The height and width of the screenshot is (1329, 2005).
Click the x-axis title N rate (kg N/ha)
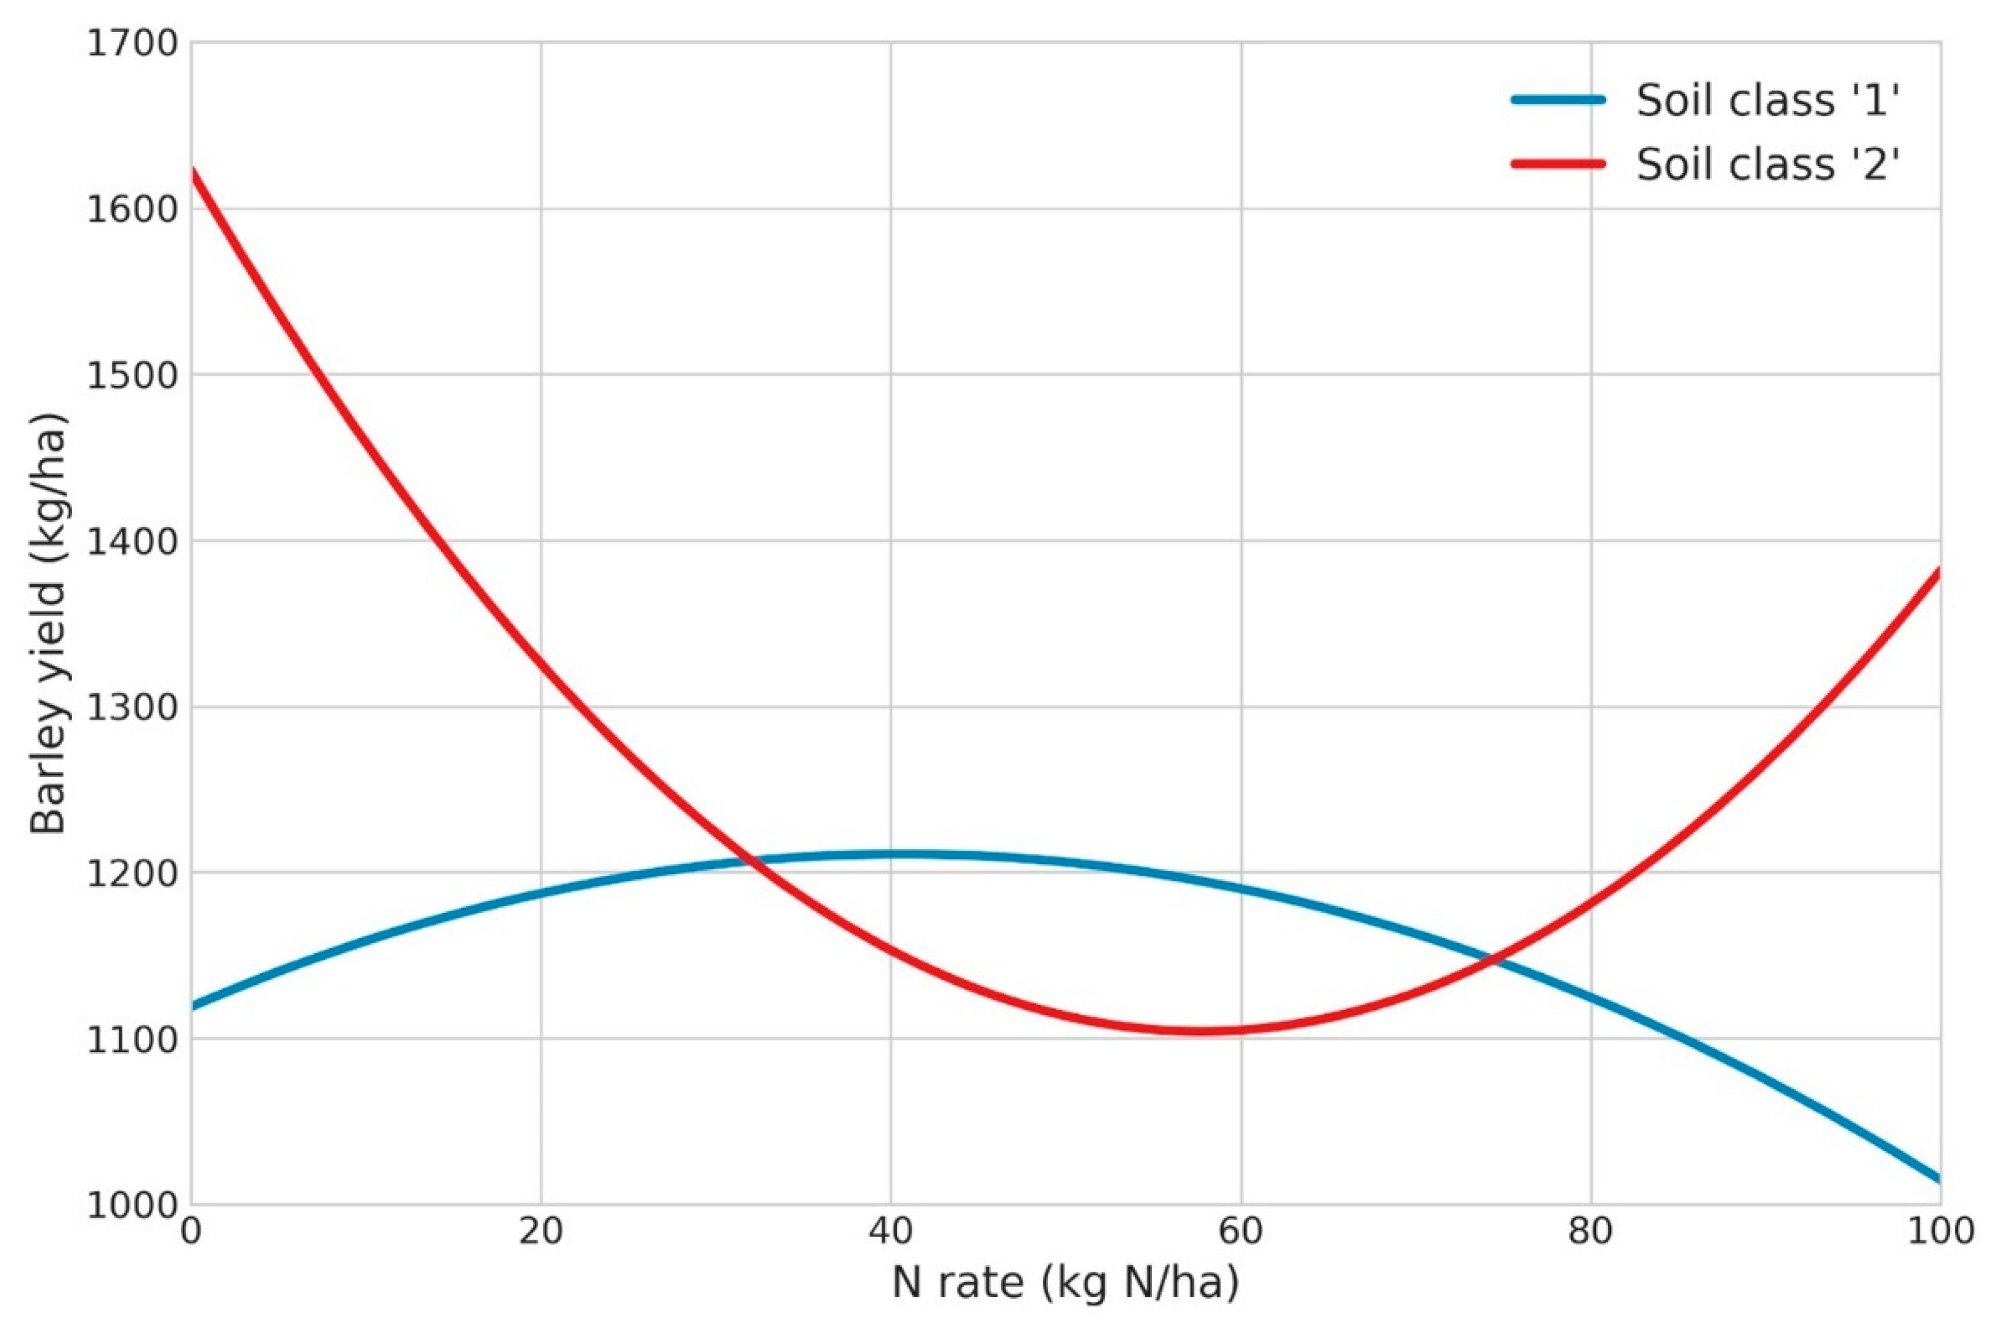1065,1282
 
